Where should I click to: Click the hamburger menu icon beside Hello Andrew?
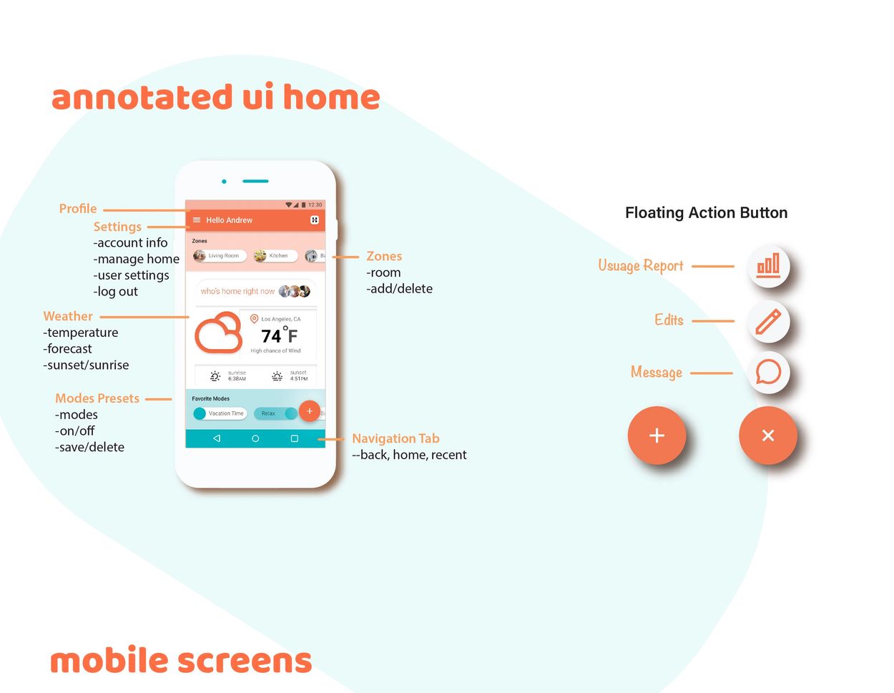click(x=197, y=220)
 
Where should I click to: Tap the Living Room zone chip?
click(x=220, y=255)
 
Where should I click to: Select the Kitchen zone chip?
click(x=275, y=255)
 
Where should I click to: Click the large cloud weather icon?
click(x=219, y=333)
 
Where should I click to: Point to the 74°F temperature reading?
click(x=279, y=335)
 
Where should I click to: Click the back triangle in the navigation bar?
click(x=217, y=438)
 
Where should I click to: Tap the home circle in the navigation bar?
click(x=255, y=438)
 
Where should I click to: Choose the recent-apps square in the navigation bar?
click(x=294, y=438)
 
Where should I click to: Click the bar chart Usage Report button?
click(x=768, y=266)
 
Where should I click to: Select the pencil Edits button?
click(x=768, y=321)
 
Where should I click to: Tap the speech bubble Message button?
click(x=768, y=373)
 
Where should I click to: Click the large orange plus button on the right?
click(x=657, y=435)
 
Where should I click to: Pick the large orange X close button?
click(x=768, y=435)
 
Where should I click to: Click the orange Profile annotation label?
click(x=78, y=209)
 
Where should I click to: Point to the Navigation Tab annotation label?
click(x=396, y=438)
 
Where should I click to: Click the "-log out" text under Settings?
click(x=116, y=292)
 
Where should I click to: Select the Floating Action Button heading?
click(x=706, y=212)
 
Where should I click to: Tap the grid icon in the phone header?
click(x=315, y=220)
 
